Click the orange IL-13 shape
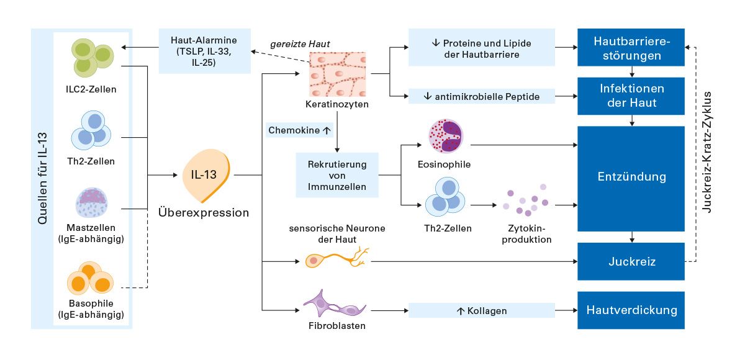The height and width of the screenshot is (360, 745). (207, 176)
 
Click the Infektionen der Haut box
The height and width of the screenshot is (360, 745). (631, 96)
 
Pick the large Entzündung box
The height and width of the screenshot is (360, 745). (631, 177)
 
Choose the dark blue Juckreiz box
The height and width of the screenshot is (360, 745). (631, 261)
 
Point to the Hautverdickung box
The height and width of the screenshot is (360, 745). (631, 310)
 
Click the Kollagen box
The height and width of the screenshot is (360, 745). (481, 310)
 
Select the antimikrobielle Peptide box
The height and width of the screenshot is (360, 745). (481, 96)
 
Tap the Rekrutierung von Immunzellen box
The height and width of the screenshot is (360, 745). (336, 175)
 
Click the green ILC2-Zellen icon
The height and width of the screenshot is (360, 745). (92, 58)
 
